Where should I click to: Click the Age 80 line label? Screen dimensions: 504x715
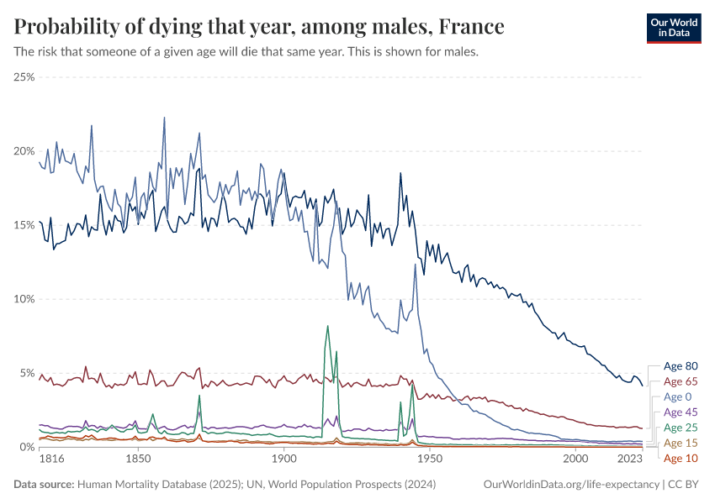click(x=681, y=366)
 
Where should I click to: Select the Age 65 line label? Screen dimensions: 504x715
click(x=681, y=381)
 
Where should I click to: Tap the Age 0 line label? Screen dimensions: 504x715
click(x=678, y=396)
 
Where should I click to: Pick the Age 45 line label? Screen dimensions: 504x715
click(x=681, y=412)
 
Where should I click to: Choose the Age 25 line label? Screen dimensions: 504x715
click(x=681, y=428)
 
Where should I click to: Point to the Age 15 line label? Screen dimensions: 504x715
click(x=681, y=443)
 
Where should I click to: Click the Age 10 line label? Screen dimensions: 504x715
click(x=681, y=459)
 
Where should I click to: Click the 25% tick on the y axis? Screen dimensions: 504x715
click(x=24, y=76)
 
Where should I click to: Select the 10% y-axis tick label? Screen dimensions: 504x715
click(x=24, y=299)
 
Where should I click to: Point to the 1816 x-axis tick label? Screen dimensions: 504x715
click(x=52, y=460)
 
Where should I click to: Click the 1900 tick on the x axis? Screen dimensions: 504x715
click(x=283, y=460)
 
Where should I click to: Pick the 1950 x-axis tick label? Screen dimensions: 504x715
click(x=430, y=460)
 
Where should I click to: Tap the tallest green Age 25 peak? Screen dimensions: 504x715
click(x=327, y=326)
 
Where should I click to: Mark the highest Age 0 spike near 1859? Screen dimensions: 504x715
click(x=164, y=118)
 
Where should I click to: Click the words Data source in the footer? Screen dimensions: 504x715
click(x=44, y=485)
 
